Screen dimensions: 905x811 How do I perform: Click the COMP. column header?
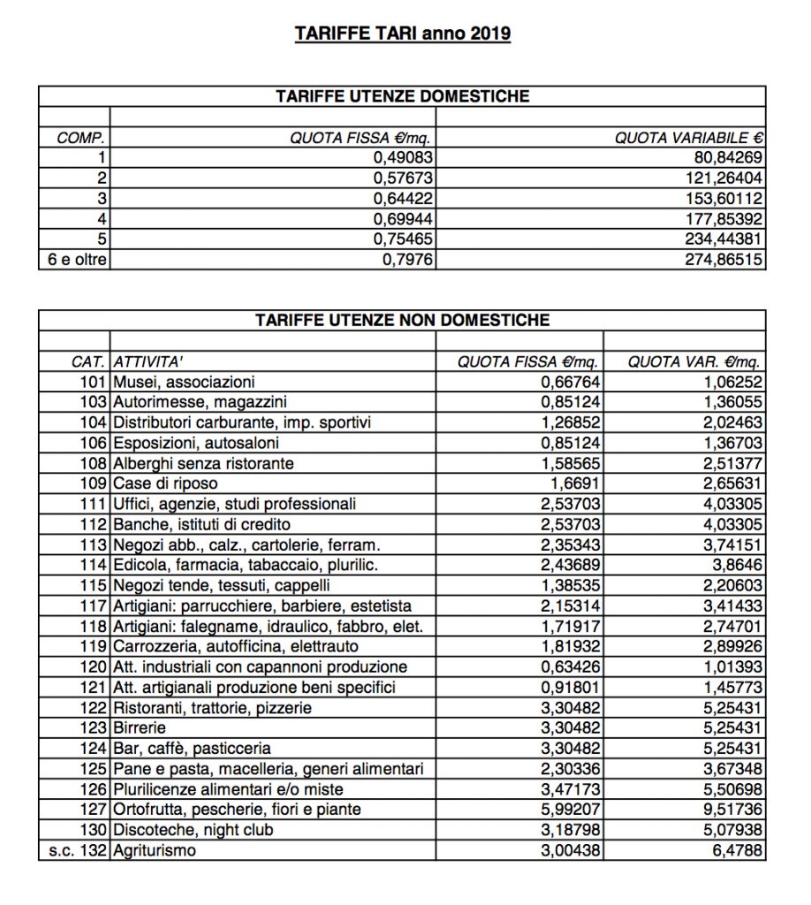click(x=81, y=138)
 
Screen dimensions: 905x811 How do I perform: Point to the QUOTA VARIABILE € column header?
click(x=689, y=138)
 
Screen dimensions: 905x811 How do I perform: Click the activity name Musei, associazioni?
click(x=184, y=382)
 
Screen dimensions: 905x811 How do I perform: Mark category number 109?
click(x=93, y=483)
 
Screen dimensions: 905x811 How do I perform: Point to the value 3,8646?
click(x=738, y=565)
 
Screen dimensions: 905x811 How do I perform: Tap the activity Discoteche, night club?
click(x=193, y=829)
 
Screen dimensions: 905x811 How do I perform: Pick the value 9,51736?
click(x=730, y=809)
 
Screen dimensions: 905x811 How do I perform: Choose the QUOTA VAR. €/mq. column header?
click(x=694, y=361)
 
